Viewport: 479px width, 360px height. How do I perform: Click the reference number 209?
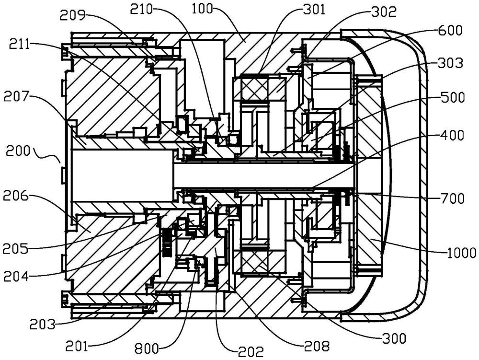tap(73, 15)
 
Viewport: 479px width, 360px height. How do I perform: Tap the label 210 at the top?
tap(141, 9)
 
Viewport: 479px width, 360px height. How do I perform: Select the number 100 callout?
tap(202, 9)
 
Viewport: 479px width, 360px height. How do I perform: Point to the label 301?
tap(314, 10)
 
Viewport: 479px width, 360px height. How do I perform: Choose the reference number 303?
tap(450, 63)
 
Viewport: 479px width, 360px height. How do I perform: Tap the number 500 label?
tap(452, 98)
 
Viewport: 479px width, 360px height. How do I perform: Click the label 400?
tap(452, 135)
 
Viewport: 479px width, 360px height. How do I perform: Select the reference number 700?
tap(452, 198)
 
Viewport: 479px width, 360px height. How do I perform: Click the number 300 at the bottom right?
tap(394, 338)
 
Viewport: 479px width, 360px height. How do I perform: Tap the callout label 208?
tap(318, 346)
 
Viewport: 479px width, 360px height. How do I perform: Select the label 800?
tap(147, 348)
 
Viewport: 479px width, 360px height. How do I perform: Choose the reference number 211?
tap(21, 45)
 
